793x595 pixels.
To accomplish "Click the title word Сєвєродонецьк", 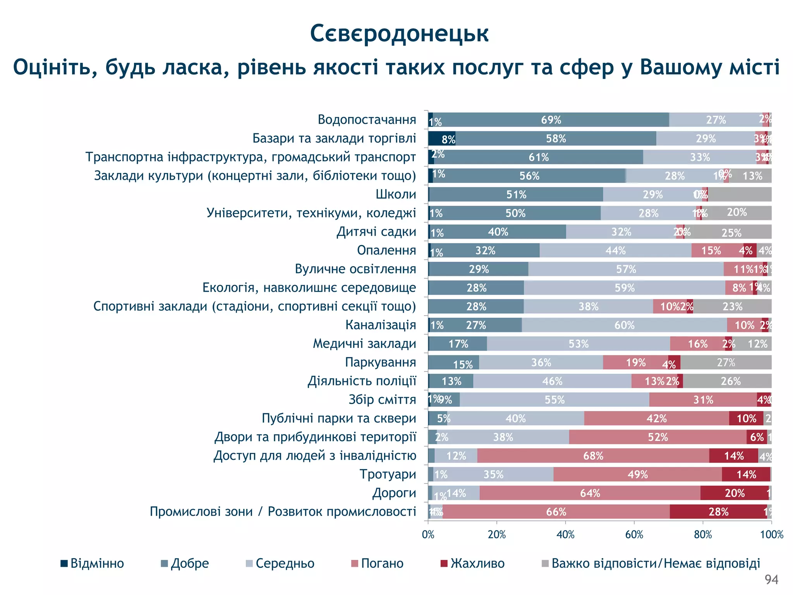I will [x=399, y=33].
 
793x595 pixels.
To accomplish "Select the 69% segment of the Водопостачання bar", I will [x=551, y=120].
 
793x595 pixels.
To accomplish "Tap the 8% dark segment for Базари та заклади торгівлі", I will [x=442, y=139].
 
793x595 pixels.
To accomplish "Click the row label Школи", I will [x=396, y=194].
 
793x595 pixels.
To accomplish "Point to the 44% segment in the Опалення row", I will [x=615, y=251].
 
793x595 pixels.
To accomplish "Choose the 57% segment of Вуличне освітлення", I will [x=626, y=269].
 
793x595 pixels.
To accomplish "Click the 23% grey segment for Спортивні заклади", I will [x=732, y=306].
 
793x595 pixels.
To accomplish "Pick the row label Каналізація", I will [x=381, y=325].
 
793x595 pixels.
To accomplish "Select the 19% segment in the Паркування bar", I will [x=635, y=363].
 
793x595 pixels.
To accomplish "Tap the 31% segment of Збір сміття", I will [x=703, y=400].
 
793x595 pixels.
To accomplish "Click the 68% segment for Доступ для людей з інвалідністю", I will [x=593, y=456].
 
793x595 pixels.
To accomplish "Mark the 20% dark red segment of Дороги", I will [x=734, y=493].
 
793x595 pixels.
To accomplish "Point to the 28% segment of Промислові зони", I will [x=718, y=512].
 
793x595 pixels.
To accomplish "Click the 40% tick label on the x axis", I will [x=565, y=535].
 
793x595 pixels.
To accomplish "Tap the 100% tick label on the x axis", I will [x=771, y=535].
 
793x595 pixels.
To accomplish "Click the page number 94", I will [x=771, y=580].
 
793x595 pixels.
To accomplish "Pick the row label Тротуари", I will [x=388, y=474].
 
